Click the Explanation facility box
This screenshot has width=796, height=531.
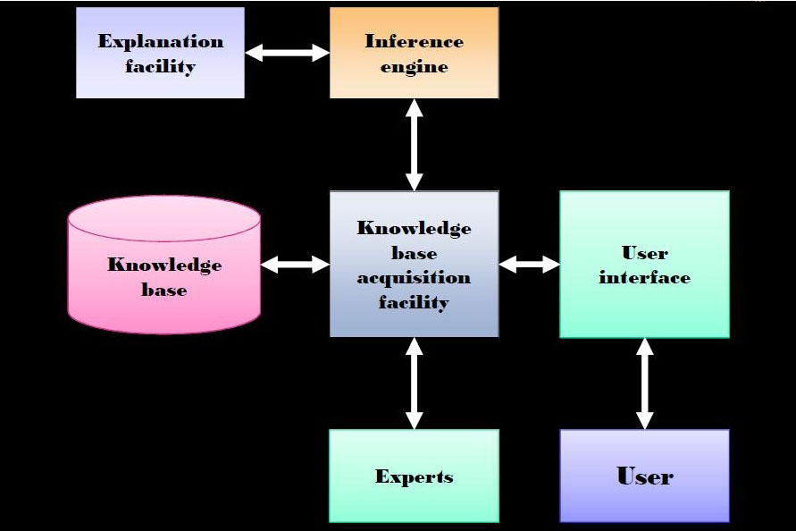(160, 53)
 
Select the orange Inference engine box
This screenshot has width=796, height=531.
(414, 53)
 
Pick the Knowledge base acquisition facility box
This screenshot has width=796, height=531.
(414, 265)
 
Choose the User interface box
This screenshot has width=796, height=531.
(644, 265)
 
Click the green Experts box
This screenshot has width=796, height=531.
(414, 476)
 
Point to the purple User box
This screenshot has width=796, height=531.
(644, 476)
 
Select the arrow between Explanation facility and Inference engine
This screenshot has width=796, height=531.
(288, 53)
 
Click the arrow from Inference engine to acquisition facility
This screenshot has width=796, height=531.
(414, 144)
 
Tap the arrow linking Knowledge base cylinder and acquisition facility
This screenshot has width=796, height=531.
(295, 264)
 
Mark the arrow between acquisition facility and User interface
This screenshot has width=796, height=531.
(529, 264)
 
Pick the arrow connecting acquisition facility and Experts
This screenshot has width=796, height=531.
(414, 383)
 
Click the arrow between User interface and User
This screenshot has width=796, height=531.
(644, 383)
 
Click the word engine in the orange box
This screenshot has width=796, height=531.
(414, 66)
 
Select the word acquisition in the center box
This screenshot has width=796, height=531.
(414, 277)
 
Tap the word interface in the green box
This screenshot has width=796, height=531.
(644, 278)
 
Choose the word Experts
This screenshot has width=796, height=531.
(414, 476)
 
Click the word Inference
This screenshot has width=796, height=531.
(414, 41)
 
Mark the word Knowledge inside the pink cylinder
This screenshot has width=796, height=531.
(164, 265)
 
